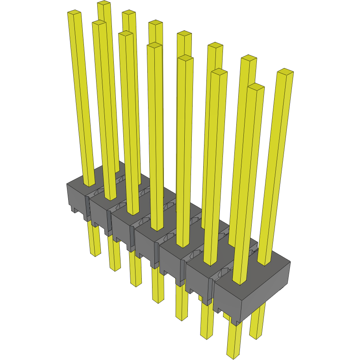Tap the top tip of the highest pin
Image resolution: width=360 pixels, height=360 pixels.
(104, 3)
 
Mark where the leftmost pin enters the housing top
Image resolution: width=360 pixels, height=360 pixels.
(89, 184)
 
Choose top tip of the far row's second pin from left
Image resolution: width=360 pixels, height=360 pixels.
(129, 12)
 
